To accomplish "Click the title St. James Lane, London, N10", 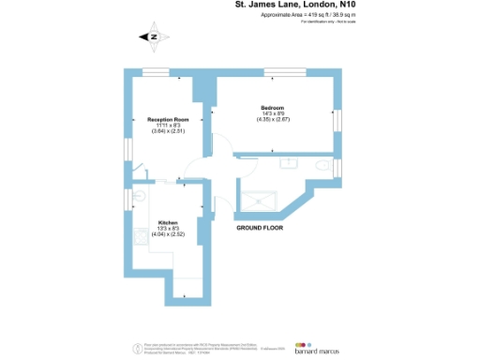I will tap(295, 7).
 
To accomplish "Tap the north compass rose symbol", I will tap(154, 37).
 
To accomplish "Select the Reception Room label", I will tap(169, 119).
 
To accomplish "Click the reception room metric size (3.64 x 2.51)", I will tap(169, 132).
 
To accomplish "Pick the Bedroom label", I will tap(272, 108).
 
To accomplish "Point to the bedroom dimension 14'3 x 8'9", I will tap(272, 114).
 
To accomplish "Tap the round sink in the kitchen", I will tap(138, 196).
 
